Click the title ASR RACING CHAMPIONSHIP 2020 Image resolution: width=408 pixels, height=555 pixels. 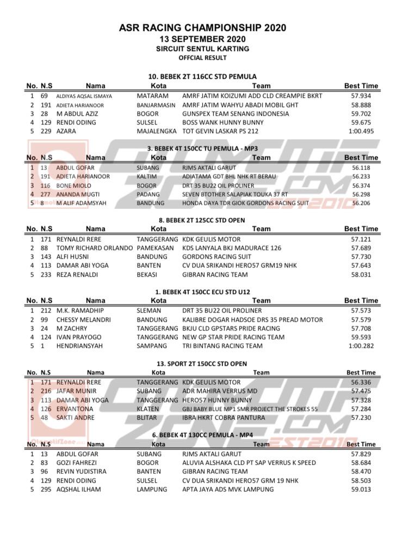[202, 28]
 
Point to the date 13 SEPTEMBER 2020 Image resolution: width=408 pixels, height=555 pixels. [202, 39]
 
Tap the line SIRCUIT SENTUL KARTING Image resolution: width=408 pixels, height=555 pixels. [202, 48]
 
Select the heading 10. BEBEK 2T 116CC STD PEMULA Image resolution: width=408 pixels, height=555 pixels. [202, 77]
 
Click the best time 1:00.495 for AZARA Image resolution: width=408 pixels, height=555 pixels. [361, 131]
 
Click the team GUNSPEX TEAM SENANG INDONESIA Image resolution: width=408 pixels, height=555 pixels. [236, 114]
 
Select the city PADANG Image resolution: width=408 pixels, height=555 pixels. [149, 194]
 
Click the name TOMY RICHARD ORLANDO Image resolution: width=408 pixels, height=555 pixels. [95, 248]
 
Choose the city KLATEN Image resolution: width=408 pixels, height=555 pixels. [148, 409]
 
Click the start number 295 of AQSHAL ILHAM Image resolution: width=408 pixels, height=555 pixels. [46, 489]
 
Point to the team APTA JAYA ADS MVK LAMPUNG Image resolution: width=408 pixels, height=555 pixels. [228, 489]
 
